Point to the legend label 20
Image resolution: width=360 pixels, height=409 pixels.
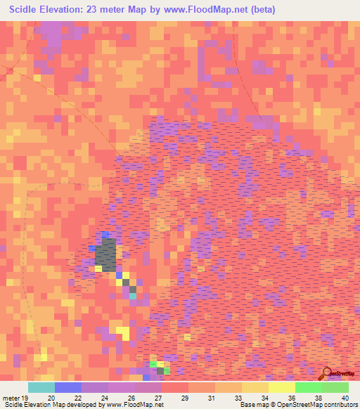click(x=51, y=397)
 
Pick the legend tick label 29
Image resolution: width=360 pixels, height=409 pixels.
click(x=185, y=397)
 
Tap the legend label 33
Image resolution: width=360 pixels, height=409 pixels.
click(x=238, y=397)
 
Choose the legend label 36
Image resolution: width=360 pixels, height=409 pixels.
click(x=292, y=397)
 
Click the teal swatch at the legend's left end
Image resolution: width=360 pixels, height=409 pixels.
click(x=41, y=387)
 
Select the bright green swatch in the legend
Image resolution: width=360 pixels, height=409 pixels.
click(x=309, y=387)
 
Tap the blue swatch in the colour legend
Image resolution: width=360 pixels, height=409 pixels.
click(x=68, y=387)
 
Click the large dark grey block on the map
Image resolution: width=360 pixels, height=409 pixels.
click(x=107, y=255)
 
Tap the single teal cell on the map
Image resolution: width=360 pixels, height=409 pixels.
click(x=133, y=295)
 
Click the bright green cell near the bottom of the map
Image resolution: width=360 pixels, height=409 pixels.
click(x=154, y=364)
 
